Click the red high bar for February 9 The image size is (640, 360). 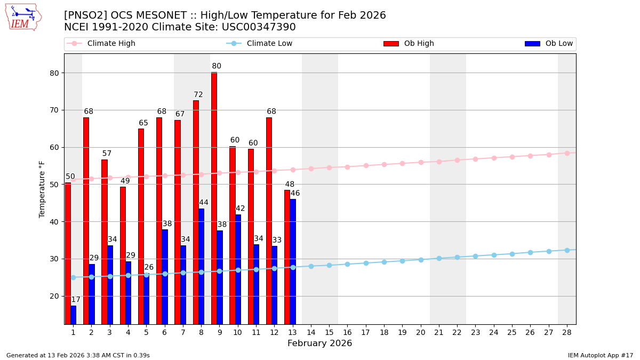(x=214, y=198)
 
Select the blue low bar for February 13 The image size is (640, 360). (x=293, y=261)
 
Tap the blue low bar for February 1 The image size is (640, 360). (x=73, y=315)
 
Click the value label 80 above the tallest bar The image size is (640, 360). (x=217, y=67)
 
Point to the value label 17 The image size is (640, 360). (x=76, y=300)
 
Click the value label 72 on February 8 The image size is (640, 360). (x=198, y=95)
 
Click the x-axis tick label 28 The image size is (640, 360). (x=567, y=332)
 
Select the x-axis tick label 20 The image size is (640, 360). (x=421, y=332)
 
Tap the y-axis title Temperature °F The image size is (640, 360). (x=43, y=189)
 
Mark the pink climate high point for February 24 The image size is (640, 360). (x=494, y=158)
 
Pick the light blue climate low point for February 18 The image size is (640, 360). (x=384, y=262)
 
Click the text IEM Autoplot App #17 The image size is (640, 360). (x=601, y=355)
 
